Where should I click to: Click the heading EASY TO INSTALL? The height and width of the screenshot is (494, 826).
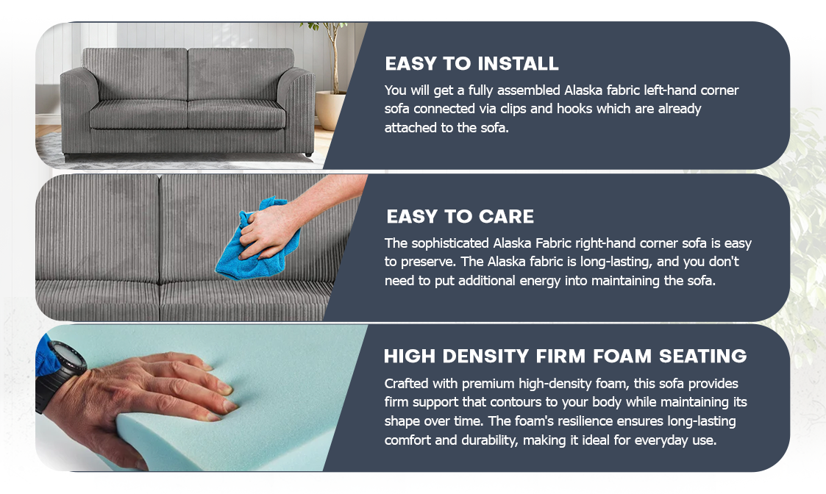pos(471,64)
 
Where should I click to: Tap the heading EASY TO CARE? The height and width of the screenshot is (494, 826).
pos(460,217)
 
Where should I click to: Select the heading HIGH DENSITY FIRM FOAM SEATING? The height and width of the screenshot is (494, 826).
pos(565,357)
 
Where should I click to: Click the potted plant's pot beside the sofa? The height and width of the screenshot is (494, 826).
pos(330,110)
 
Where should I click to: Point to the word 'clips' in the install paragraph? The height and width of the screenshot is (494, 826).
pos(514,109)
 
